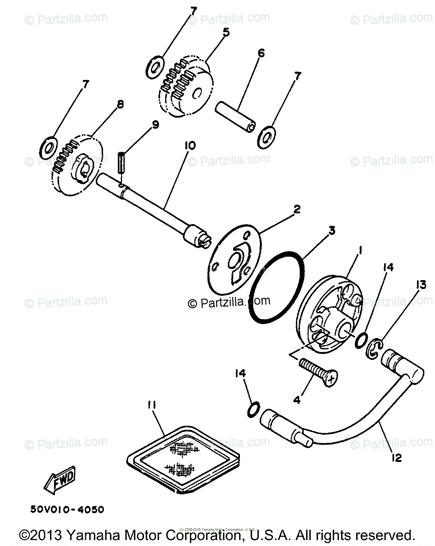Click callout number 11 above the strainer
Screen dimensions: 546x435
(151, 404)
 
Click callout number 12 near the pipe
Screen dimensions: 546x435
(397, 458)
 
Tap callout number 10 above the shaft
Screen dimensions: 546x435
(190, 146)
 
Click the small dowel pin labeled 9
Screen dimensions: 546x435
(120, 163)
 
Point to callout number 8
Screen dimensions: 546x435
(120, 104)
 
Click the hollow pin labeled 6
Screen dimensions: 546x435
(234, 117)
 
